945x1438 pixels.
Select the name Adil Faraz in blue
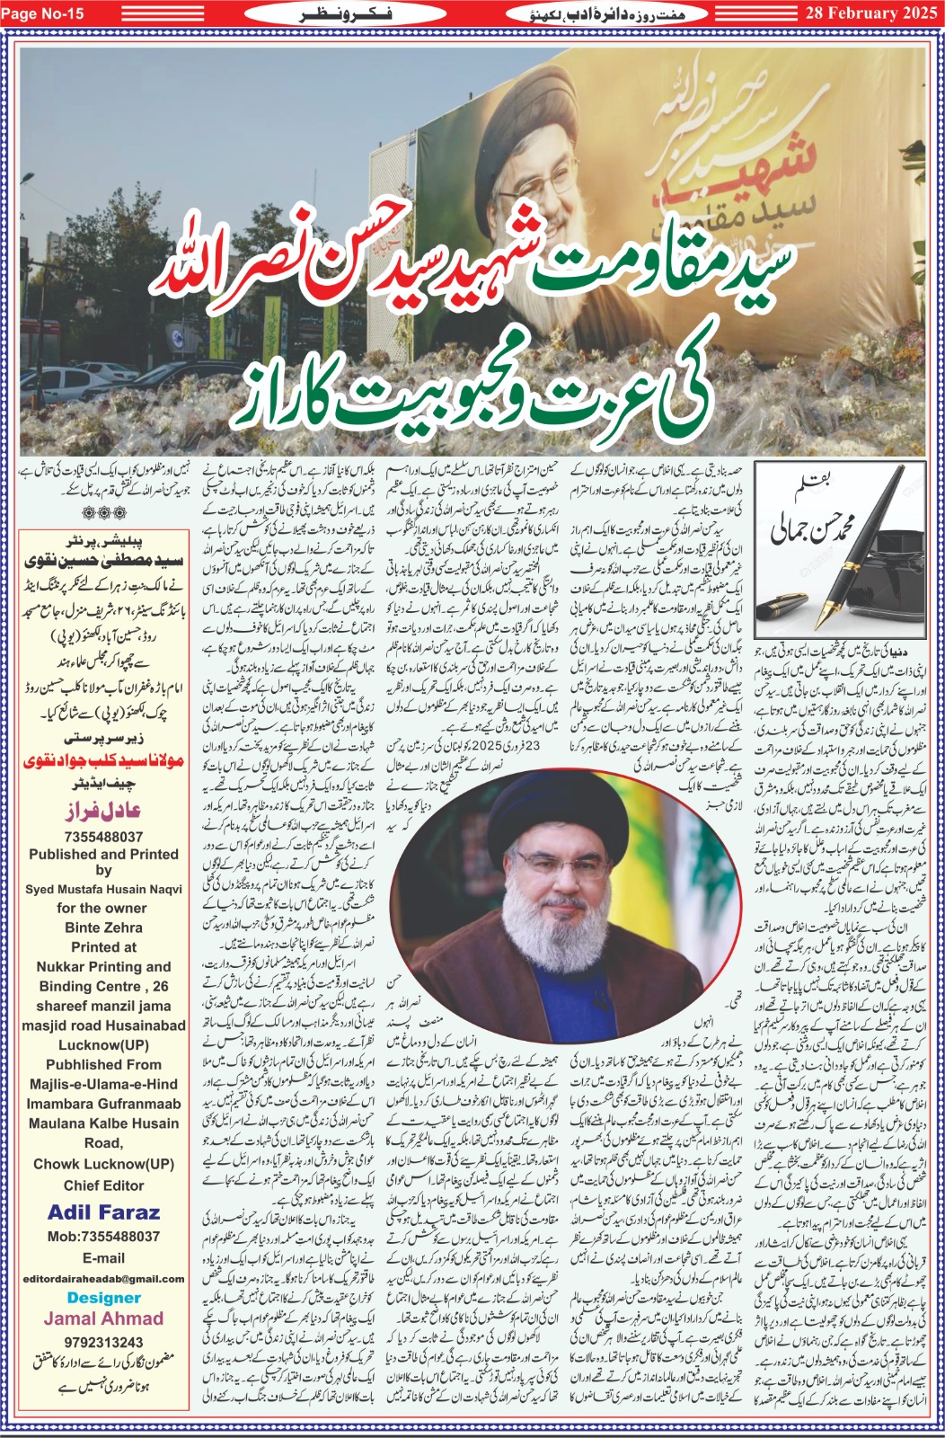pos(103,1212)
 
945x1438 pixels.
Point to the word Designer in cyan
pos(103,1298)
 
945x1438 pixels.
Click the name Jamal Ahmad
pos(103,1318)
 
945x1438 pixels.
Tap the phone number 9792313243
pos(103,1342)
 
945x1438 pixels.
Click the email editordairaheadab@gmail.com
pos(103,1278)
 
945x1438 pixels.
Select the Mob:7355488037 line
pos(103,1237)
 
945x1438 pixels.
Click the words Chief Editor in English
pos(103,1185)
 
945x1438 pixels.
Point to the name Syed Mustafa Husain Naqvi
pos(103,890)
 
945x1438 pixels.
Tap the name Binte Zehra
pos(103,928)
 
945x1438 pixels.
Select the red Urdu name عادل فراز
pos(103,811)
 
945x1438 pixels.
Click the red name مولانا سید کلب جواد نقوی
pos(103,761)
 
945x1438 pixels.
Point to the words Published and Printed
pos(103,855)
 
